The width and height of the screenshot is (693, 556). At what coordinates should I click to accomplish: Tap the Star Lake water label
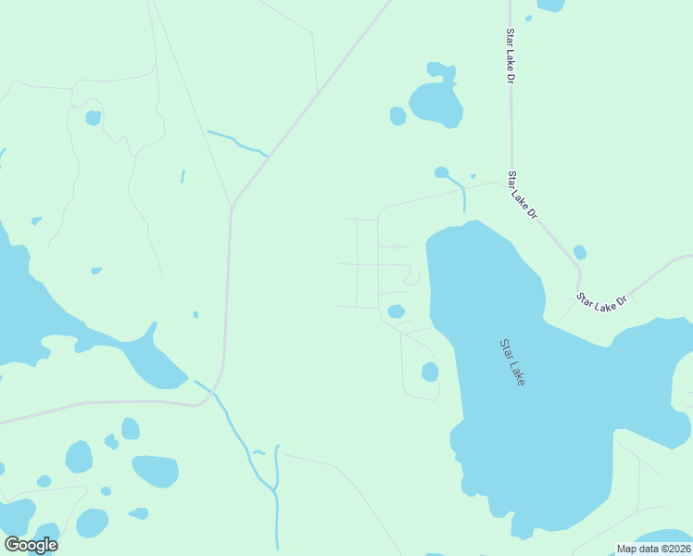(512, 362)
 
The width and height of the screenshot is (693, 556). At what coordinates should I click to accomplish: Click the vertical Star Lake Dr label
(510, 57)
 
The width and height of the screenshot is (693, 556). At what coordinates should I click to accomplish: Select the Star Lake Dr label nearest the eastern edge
(602, 300)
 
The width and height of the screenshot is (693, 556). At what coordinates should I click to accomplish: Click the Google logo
(31, 545)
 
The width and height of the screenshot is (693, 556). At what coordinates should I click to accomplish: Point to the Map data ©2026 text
(652, 549)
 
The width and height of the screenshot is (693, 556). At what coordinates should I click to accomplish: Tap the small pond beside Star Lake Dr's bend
(580, 252)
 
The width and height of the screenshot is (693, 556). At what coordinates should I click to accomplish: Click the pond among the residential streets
(396, 311)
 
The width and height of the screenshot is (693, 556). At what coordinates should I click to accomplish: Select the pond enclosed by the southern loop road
(430, 372)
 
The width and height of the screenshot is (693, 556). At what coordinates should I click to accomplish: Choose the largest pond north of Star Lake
(435, 104)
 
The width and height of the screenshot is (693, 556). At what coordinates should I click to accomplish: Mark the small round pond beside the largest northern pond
(397, 116)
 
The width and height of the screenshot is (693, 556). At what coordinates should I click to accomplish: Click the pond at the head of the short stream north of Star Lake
(442, 172)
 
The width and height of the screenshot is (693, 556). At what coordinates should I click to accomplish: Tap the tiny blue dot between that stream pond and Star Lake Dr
(472, 176)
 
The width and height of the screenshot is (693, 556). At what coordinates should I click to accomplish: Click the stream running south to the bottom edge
(276, 500)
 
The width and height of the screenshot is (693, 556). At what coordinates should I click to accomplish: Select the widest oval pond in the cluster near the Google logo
(155, 470)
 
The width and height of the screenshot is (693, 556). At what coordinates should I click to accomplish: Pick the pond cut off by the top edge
(551, 5)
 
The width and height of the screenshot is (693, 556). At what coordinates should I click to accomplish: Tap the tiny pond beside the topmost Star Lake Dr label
(528, 18)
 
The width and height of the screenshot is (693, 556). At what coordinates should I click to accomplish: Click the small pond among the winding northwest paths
(93, 118)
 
